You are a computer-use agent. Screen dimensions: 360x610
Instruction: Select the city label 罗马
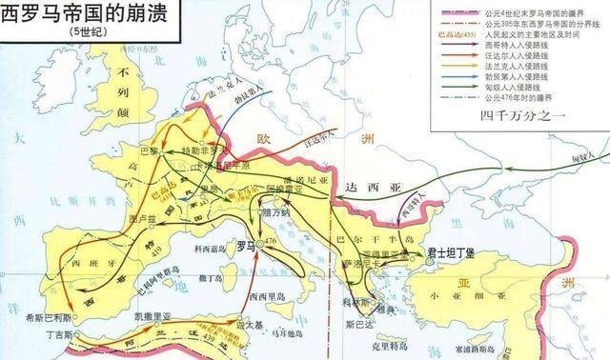click(246, 246)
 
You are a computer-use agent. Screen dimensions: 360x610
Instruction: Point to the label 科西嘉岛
click(213, 250)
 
